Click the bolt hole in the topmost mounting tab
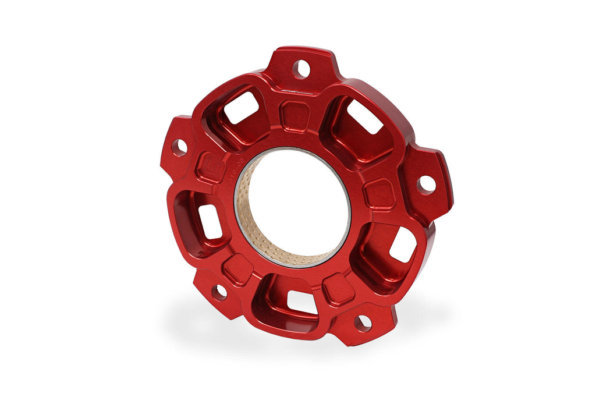coord(301,69)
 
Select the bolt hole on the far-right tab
coord(426,184)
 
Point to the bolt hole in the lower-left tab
coord(219,292)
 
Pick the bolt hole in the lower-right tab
coord(362,323)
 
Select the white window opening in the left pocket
coord(209,221)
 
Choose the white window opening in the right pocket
coord(402,244)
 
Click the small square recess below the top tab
coord(296,115)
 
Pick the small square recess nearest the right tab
coord(379,194)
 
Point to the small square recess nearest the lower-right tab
coord(338,289)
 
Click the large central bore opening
coord(297,204)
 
